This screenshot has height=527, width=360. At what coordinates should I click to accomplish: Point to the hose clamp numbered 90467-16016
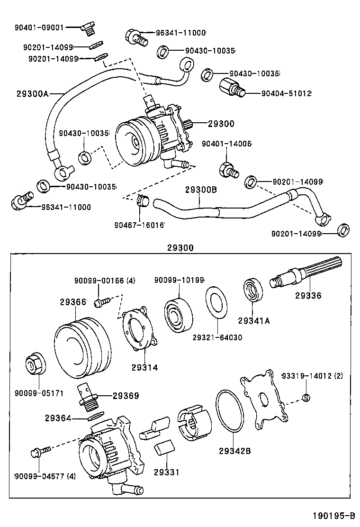(x=142, y=201)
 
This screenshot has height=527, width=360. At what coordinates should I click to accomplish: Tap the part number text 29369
(x=126, y=395)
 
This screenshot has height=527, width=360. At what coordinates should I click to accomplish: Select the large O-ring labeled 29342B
(x=230, y=412)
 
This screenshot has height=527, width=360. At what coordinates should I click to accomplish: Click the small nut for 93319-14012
(x=306, y=397)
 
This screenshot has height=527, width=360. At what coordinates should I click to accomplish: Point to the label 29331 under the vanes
(x=165, y=472)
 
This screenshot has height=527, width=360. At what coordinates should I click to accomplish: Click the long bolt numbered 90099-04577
(x=38, y=454)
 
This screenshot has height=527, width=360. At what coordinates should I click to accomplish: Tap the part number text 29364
(x=58, y=418)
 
